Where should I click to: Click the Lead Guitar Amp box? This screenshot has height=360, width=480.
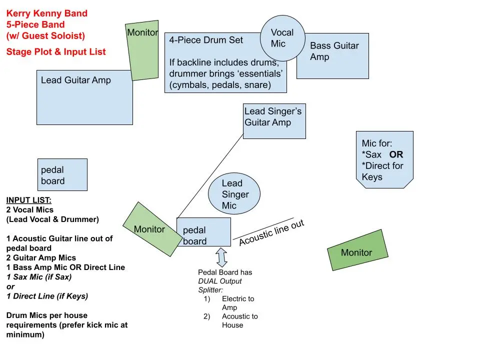(85, 97)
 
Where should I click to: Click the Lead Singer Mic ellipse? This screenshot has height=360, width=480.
(233, 194)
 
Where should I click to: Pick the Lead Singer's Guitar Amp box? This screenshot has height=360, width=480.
(274, 121)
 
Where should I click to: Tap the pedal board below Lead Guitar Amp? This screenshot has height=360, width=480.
(62, 174)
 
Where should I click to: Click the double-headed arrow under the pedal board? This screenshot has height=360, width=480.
(221, 256)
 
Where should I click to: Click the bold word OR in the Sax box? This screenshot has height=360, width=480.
(396, 154)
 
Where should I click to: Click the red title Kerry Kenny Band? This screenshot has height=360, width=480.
(47, 13)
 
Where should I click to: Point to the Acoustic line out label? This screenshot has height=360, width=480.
(271, 233)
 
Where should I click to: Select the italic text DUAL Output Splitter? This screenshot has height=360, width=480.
(219, 285)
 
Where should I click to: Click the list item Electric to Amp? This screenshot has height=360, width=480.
(237, 303)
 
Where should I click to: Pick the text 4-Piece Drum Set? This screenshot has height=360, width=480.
(206, 40)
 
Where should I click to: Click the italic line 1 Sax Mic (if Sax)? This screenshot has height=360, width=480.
(39, 276)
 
